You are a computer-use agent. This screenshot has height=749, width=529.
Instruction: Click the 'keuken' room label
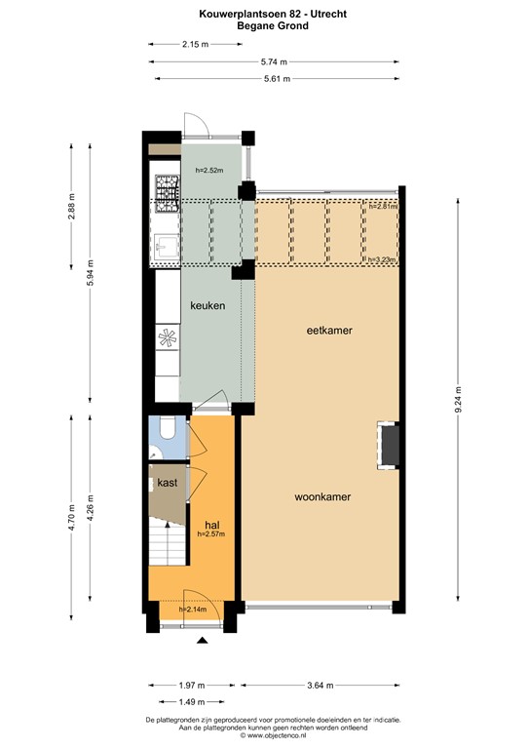coord(208,305)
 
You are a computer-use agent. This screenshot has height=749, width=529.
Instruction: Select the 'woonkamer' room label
coord(321,496)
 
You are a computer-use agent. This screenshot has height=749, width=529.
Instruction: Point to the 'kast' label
coord(167,484)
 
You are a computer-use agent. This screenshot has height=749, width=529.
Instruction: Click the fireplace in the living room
coord(390,446)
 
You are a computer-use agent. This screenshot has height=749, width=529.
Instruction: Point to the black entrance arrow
coord(203,641)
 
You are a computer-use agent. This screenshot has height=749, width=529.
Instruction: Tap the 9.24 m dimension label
coord(459,400)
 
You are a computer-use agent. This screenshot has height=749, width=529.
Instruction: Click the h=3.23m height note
coord(381,259)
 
